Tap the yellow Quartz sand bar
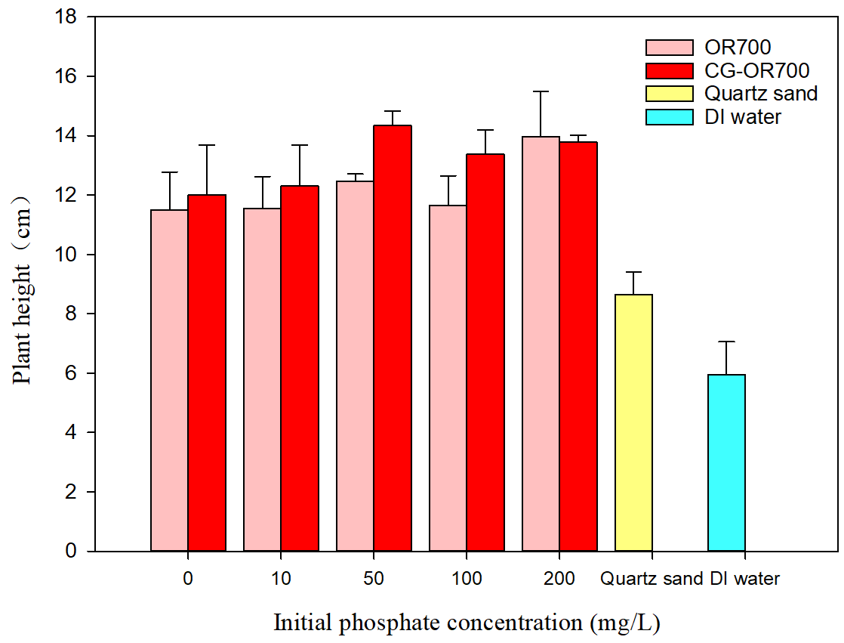[634, 422]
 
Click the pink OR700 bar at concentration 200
[541, 344]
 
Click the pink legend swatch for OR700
[669, 48]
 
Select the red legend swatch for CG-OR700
[669, 71]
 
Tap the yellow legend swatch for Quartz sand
[669, 94]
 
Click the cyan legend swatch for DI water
[669, 117]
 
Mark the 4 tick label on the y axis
[72, 433]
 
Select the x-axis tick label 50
[374, 580]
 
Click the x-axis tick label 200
[559, 580]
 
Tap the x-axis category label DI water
[744, 580]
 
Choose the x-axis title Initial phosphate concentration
[466, 623]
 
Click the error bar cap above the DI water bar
[727, 342]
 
